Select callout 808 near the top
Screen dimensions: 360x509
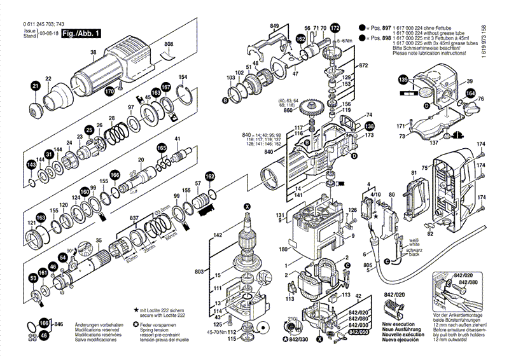(x=169, y=44)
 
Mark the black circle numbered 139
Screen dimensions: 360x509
(x=403, y=80)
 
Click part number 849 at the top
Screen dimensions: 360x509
(x=274, y=25)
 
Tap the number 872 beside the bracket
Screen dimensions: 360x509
(x=364, y=66)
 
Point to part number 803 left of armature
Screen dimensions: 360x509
(x=199, y=272)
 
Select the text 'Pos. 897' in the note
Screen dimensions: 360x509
(x=377, y=29)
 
